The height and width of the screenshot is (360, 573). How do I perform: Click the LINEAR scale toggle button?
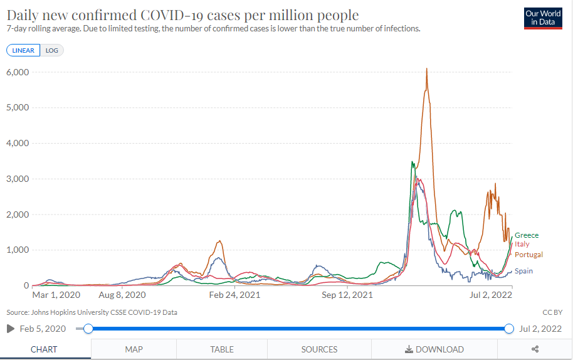(x=23, y=50)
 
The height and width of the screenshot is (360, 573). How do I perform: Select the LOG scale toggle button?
(x=51, y=50)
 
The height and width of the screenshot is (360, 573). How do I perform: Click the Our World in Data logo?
(x=543, y=18)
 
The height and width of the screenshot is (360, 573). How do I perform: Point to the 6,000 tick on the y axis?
(x=18, y=72)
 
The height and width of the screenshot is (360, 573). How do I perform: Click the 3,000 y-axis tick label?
(x=18, y=179)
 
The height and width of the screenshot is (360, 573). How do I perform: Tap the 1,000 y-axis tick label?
(x=18, y=250)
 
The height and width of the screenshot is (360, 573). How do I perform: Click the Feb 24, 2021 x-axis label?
(x=234, y=294)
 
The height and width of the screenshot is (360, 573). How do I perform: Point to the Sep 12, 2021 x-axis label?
(x=347, y=294)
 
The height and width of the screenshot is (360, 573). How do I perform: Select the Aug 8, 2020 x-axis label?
(x=122, y=294)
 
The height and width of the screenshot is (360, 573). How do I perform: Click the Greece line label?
(x=527, y=235)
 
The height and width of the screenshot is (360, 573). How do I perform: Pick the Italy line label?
(x=522, y=245)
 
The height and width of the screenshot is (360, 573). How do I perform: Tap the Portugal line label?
(x=528, y=255)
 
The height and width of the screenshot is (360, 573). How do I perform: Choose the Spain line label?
(x=524, y=271)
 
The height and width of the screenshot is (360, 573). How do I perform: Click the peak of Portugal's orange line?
(x=427, y=69)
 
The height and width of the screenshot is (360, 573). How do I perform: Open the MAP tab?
(x=134, y=349)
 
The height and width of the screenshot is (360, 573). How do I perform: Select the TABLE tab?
(x=222, y=349)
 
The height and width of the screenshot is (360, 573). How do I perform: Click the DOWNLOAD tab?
(x=434, y=349)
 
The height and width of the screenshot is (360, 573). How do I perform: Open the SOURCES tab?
(x=319, y=349)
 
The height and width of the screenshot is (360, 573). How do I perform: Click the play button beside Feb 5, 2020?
(x=10, y=329)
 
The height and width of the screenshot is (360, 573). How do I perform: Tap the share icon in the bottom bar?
(x=535, y=349)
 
